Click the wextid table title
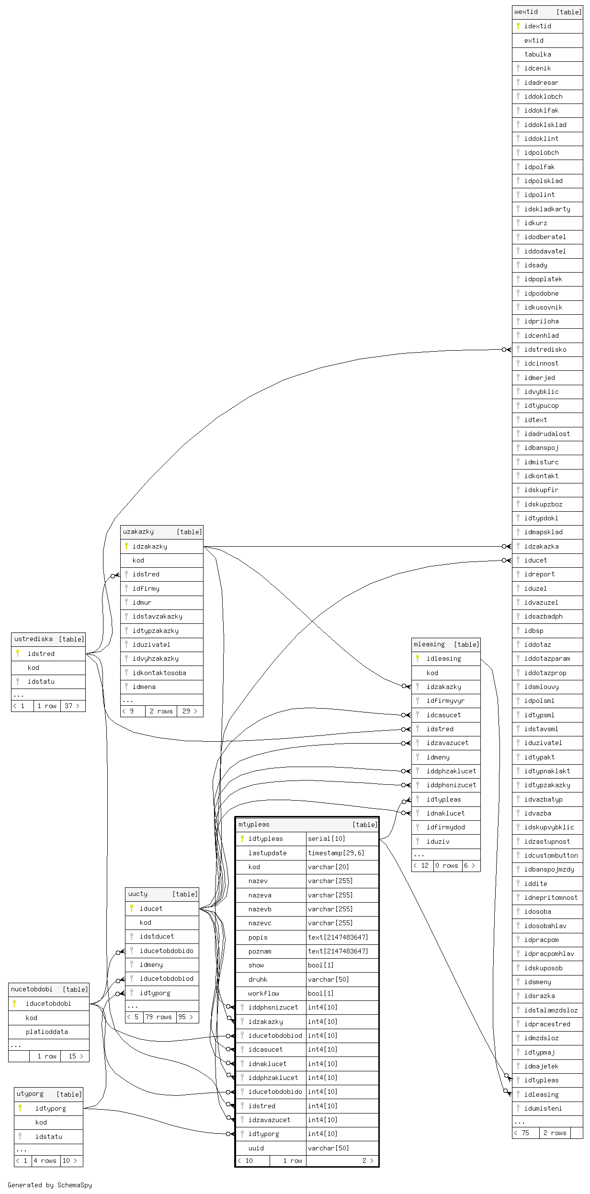(526, 12)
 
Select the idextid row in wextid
(537, 26)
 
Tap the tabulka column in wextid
(537, 55)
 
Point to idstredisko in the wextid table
(545, 350)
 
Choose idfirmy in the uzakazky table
(146, 588)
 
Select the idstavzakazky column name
(157, 617)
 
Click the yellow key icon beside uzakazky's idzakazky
(126, 546)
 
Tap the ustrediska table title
(34, 639)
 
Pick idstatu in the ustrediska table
(41, 681)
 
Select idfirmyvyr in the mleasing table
(445, 701)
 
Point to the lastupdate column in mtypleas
(267, 853)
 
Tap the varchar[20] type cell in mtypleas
(328, 867)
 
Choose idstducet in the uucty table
(157, 936)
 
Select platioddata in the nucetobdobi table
(46, 1032)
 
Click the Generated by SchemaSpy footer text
(50, 1185)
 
